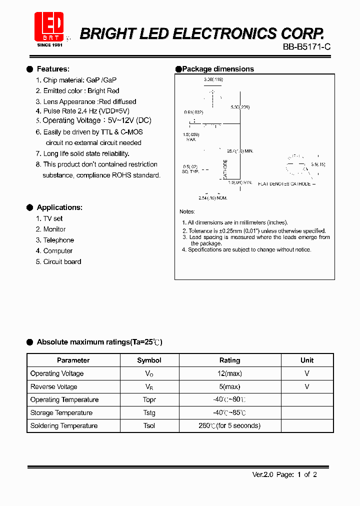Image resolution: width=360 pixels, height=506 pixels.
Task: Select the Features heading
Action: pyautogui.click(x=53, y=69)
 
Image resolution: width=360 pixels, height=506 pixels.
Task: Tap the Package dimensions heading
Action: pyautogui.click(x=217, y=69)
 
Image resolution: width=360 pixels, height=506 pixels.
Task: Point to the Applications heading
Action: pyautogui.click(x=59, y=207)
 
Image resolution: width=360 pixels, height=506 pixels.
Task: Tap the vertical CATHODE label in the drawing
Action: pyautogui.click(x=225, y=169)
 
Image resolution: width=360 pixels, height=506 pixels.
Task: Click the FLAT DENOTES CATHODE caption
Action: pyautogui.click(x=284, y=184)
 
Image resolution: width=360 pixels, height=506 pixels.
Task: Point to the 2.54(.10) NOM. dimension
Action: pyautogui.click(x=213, y=198)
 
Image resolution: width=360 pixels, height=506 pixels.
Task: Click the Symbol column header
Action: pyautogui.click(x=149, y=360)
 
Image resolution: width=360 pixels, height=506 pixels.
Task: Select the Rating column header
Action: pyautogui.click(x=229, y=360)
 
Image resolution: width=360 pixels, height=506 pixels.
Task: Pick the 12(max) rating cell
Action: pyautogui.click(x=229, y=373)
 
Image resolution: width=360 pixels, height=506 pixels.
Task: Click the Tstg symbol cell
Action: pyautogui.click(x=149, y=412)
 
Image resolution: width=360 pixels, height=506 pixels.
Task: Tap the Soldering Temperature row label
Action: pyautogui.click(x=64, y=425)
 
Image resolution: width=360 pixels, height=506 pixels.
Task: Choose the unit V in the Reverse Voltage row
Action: pyautogui.click(x=307, y=386)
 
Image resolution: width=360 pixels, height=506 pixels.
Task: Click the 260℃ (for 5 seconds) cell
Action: pyautogui.click(x=229, y=425)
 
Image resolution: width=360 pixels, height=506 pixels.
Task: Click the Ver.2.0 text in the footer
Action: pyautogui.click(x=262, y=474)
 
